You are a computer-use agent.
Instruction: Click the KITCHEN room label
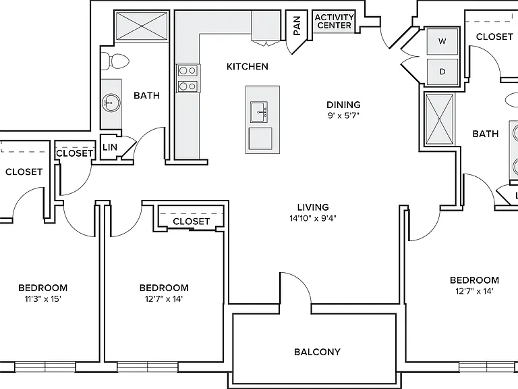click(247, 66)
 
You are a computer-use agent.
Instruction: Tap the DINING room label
click(343, 105)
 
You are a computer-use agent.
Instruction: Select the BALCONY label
click(317, 352)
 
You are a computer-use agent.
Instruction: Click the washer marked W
click(442, 41)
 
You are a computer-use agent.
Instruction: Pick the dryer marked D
click(442, 72)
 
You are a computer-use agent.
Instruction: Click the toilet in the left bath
click(115, 61)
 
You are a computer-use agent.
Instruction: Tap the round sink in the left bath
click(111, 103)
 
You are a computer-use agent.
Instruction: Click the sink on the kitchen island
click(259, 112)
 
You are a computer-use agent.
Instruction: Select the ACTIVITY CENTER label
click(335, 21)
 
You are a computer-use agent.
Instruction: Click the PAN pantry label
click(297, 26)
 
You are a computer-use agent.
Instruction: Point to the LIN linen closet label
click(110, 147)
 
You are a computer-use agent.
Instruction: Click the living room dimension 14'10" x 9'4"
click(313, 218)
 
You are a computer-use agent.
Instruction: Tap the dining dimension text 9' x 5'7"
click(343, 115)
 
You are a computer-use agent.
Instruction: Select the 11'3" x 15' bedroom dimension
click(43, 299)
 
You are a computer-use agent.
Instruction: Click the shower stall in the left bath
click(142, 26)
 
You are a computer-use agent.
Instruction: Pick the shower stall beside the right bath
click(439, 120)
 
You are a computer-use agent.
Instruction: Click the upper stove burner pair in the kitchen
click(188, 70)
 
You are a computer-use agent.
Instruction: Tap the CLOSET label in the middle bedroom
click(192, 222)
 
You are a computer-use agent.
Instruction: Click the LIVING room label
click(313, 207)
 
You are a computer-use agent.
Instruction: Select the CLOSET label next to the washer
click(494, 36)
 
